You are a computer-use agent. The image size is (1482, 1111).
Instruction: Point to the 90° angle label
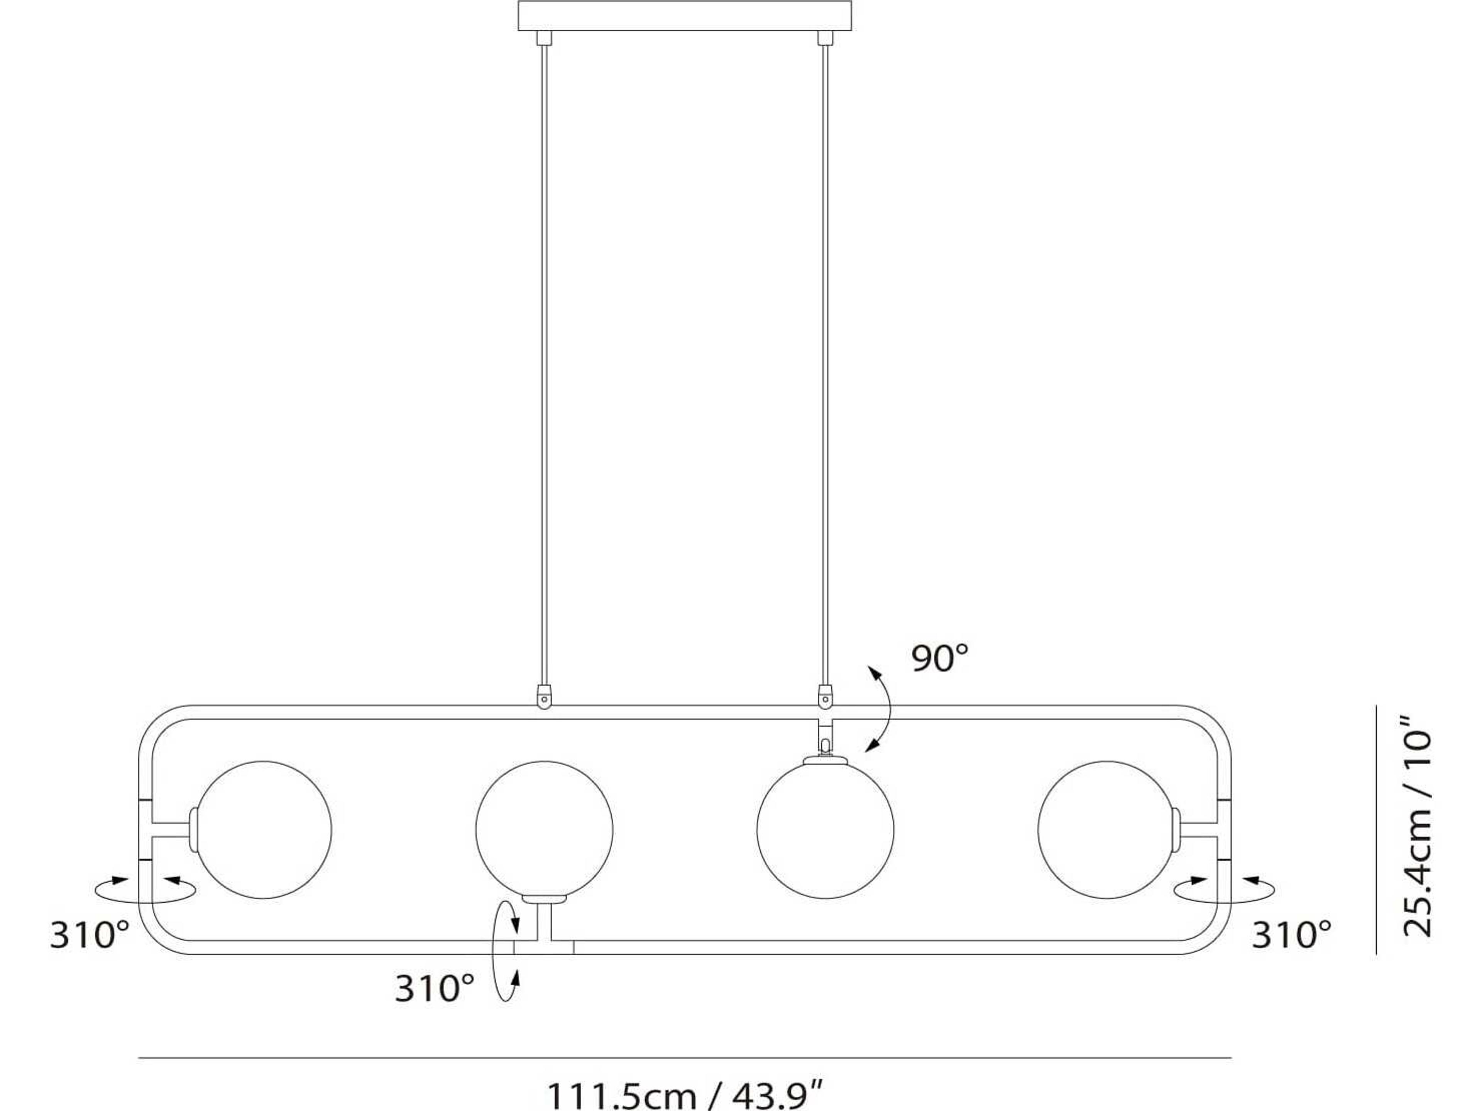click(940, 658)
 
